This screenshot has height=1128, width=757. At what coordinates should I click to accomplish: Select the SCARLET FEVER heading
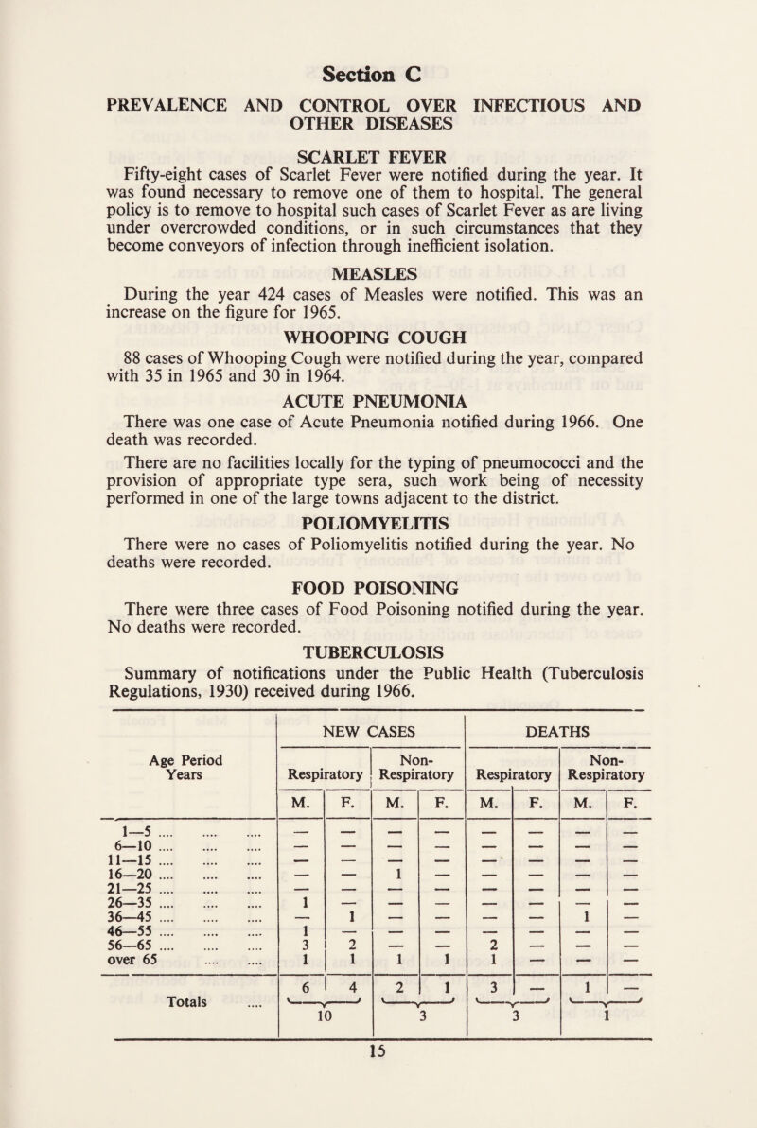(378, 154)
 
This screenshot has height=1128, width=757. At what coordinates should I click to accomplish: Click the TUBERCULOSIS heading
(378, 755)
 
